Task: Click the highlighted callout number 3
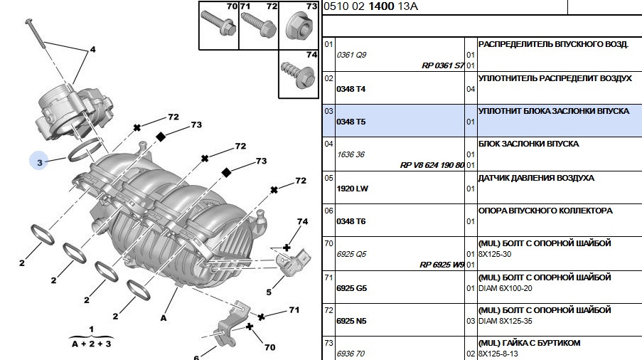pyautogui.click(x=40, y=162)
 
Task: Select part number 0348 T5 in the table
pyautogui.click(x=350, y=122)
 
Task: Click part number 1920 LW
pyautogui.click(x=351, y=188)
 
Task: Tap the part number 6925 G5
pyautogui.click(x=351, y=287)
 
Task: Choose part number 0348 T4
pyautogui.click(x=350, y=88)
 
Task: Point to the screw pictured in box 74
pyautogui.click(x=296, y=71)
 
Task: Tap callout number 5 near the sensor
pyautogui.click(x=269, y=292)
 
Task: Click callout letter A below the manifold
pyautogui.click(x=164, y=318)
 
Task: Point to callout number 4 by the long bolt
pyautogui.click(x=92, y=51)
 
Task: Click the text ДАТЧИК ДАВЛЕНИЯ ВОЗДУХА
pyautogui.click(x=536, y=178)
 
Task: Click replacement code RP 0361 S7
pyautogui.click(x=442, y=65)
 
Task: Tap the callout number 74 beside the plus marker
pyautogui.click(x=302, y=222)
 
